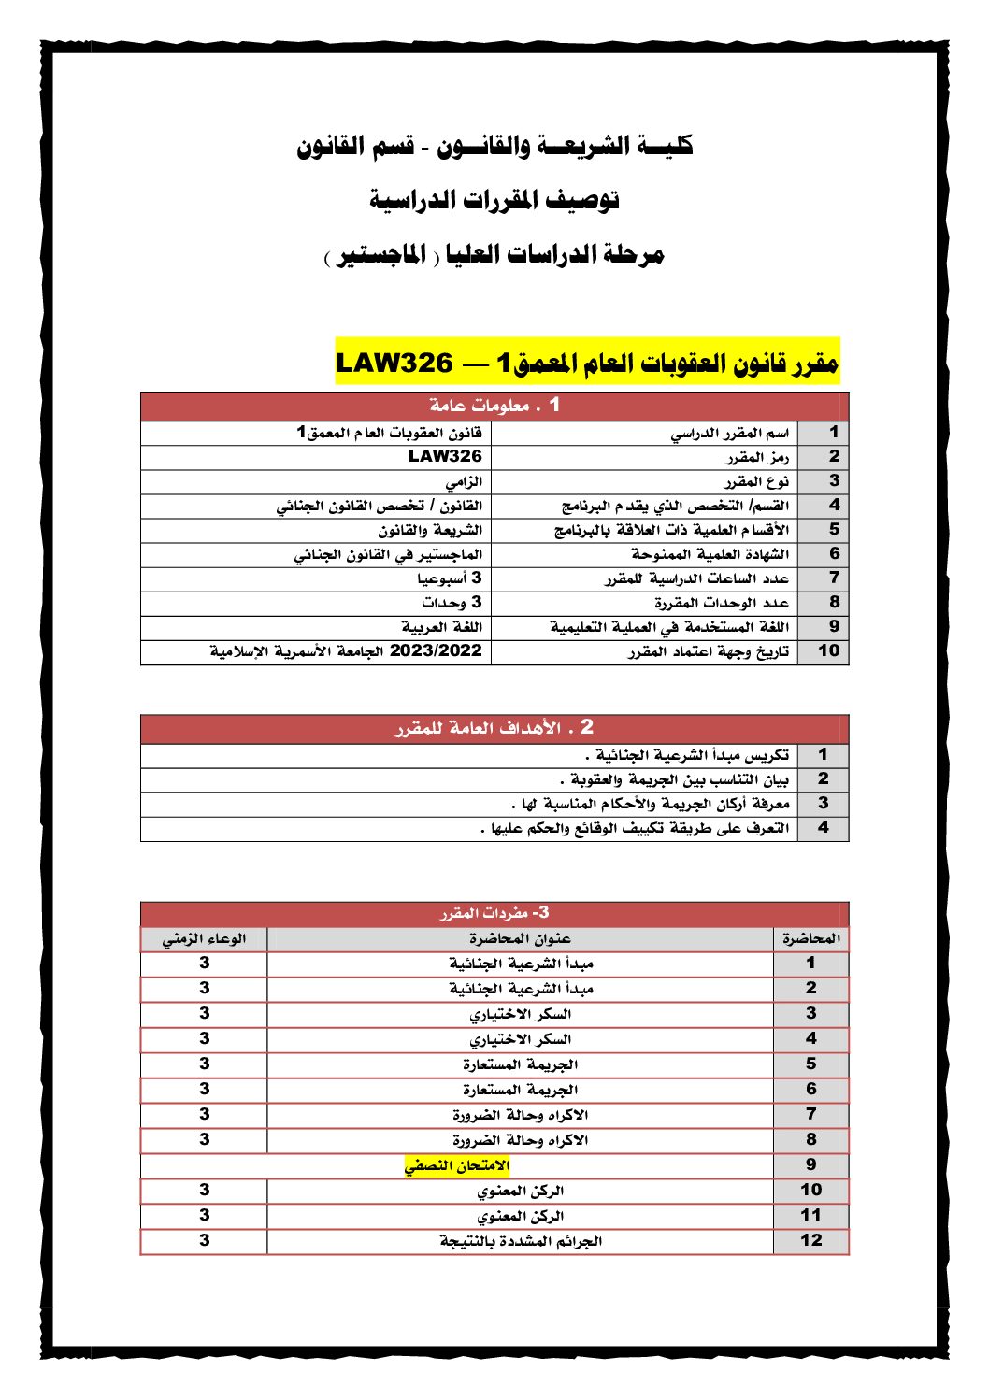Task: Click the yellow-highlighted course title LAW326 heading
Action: [x=587, y=362]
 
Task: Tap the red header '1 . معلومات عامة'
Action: [x=494, y=406]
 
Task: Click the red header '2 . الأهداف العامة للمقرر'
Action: [x=494, y=728]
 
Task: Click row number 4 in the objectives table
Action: [x=823, y=827]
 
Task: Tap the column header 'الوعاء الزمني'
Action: [x=204, y=938]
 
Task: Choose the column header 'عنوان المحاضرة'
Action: [x=520, y=938]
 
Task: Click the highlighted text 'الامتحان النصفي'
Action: [x=457, y=1165]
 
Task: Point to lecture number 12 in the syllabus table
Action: [x=810, y=1240]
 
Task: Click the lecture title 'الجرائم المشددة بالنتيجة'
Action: [x=521, y=1241]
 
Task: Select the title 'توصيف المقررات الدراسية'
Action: [x=494, y=199]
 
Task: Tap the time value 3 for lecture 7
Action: [x=204, y=1114]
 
